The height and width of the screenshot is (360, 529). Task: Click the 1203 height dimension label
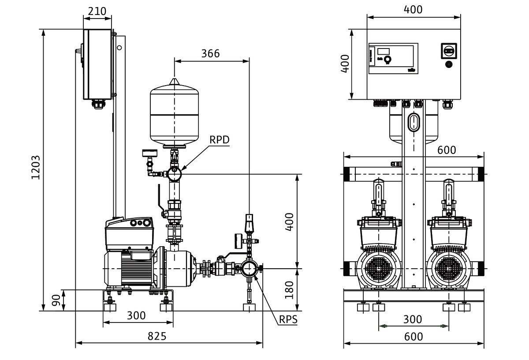point(36,167)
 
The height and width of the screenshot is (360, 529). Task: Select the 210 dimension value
point(97,11)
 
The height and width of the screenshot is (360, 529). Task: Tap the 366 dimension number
point(210,53)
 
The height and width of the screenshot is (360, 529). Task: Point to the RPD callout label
point(220,140)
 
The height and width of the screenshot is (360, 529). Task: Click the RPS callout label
point(288,320)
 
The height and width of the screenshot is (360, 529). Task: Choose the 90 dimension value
point(56,300)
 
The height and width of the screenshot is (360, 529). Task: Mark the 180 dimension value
point(289,290)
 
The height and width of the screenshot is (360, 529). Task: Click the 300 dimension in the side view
point(136,316)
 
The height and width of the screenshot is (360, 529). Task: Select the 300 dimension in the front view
point(413,319)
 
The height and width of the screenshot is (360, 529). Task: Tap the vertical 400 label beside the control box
point(345,64)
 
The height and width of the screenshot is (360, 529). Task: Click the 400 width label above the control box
point(413,9)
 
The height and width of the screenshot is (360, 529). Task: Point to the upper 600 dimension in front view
point(447,150)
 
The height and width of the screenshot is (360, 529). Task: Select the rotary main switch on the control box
point(449,51)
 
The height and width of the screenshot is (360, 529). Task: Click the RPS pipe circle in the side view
point(249,268)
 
